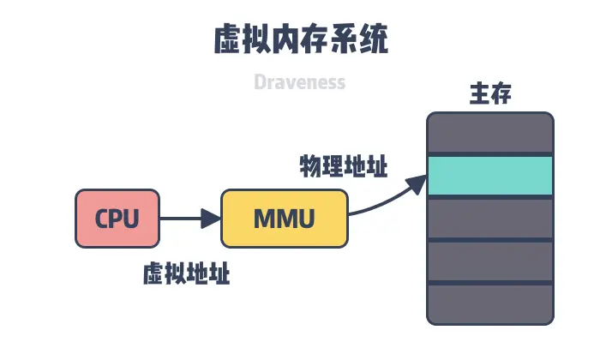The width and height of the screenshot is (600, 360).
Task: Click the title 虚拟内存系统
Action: [x=300, y=39]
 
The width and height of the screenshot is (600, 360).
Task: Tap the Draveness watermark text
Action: [x=300, y=82]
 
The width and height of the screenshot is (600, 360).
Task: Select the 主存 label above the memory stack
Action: [x=490, y=94]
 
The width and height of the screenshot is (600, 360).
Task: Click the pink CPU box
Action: [x=117, y=219]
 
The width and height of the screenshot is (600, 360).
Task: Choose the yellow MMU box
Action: [x=285, y=219]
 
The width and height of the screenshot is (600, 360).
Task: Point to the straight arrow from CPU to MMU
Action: [x=184, y=219]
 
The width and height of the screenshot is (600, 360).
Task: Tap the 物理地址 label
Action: [x=343, y=165]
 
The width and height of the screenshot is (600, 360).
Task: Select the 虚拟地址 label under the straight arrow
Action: [x=186, y=274]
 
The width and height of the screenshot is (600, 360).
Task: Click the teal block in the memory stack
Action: [x=490, y=176]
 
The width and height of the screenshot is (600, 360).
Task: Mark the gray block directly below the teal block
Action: [x=490, y=219]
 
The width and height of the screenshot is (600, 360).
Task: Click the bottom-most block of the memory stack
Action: [x=490, y=304]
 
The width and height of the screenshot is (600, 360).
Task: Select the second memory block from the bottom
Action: [x=490, y=261]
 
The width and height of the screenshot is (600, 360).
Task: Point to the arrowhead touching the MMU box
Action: [x=212, y=219]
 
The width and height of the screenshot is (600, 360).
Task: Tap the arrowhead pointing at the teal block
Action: [x=417, y=181]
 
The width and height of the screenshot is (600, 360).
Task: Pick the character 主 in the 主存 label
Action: [x=479, y=94]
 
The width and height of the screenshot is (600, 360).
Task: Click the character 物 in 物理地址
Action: [x=309, y=165]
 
